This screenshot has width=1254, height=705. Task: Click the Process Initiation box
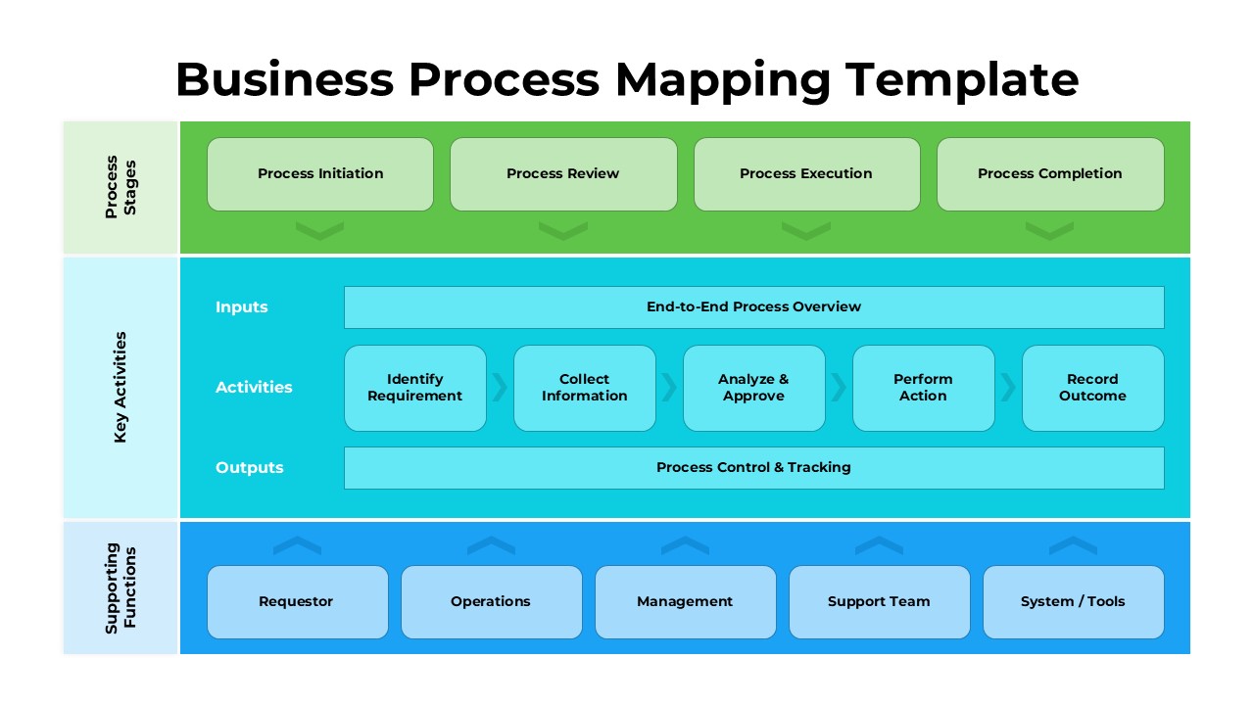[x=320, y=174]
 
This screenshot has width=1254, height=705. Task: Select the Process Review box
[x=563, y=174]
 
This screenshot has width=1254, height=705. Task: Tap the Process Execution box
[x=806, y=174]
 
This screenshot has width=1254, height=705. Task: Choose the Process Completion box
[x=1050, y=174]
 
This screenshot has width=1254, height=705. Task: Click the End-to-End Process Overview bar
[x=753, y=307]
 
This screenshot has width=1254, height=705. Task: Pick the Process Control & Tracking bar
[x=753, y=468]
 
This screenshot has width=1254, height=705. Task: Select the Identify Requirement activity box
[x=415, y=388]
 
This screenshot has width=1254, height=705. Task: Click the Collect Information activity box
[x=585, y=388]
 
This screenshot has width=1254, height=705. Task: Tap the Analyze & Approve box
[x=753, y=388]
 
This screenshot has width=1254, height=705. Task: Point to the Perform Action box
[x=923, y=388]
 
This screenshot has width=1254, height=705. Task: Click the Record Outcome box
[x=1092, y=388]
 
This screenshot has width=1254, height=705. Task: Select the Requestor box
[x=297, y=602]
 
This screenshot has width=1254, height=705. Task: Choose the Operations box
[x=491, y=602]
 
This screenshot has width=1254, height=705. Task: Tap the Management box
[x=685, y=602]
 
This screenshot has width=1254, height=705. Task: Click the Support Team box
[x=879, y=602]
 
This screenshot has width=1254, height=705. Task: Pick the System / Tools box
[x=1073, y=602]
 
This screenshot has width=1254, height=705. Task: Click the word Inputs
[x=242, y=307]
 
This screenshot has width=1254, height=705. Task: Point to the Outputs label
[x=250, y=468]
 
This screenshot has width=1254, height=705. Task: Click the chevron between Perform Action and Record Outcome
[x=1008, y=388]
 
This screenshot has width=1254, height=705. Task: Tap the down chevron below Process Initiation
[x=320, y=231]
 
